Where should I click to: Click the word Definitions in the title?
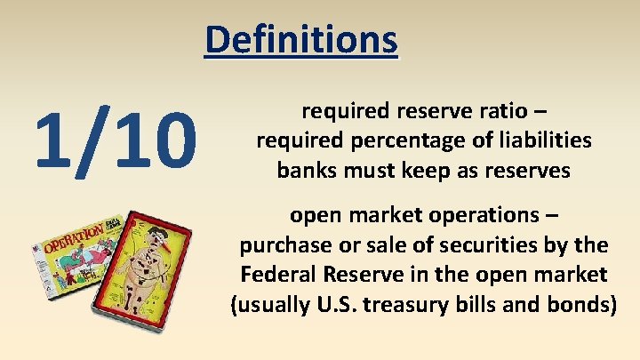point(301,39)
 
